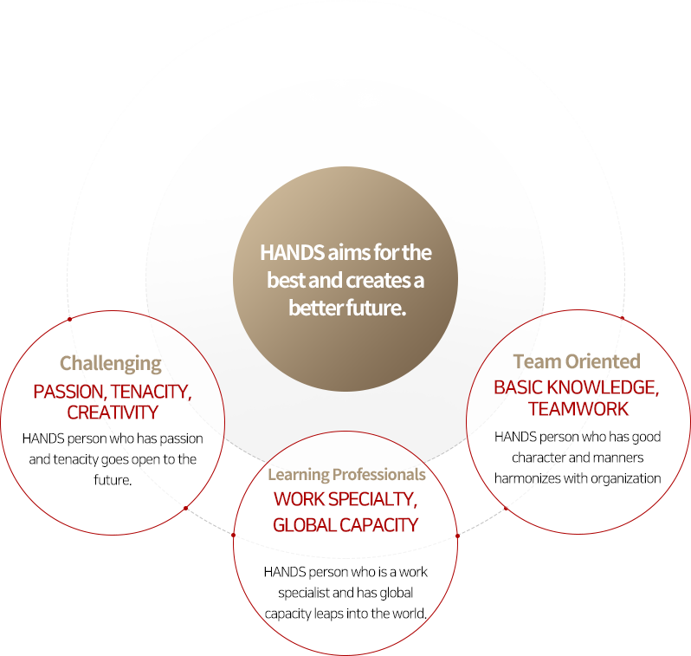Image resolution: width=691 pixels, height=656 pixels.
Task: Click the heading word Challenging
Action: click(111, 364)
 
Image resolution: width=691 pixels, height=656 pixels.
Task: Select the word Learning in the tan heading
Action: click(299, 475)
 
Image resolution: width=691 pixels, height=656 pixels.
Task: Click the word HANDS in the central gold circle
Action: click(292, 253)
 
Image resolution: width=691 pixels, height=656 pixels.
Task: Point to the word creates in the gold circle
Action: click(378, 281)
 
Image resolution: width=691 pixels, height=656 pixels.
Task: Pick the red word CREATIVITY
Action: click(113, 412)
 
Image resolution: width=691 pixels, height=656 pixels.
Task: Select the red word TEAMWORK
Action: click(578, 409)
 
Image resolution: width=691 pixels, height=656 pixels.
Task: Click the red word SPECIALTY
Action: click(373, 499)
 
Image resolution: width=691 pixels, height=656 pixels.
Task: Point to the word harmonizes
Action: click(525, 478)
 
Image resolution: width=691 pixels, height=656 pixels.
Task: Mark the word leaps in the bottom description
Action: click(329, 614)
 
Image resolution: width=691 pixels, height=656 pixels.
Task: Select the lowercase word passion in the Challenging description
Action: click(181, 439)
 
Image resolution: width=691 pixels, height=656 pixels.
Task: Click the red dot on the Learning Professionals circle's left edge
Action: click(234, 536)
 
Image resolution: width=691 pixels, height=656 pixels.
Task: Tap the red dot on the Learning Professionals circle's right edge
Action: click(457, 536)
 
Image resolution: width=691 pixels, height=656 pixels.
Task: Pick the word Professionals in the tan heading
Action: click(379, 475)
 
